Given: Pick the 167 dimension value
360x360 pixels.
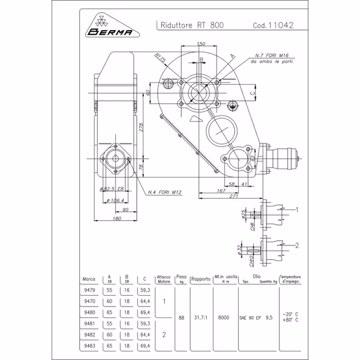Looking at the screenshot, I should [220, 190].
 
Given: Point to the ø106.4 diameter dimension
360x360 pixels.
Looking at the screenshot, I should [115, 200].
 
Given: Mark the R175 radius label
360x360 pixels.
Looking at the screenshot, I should [160, 58].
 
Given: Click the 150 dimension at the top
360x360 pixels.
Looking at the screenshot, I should [202, 44].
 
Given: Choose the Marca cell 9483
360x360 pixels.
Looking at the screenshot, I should [89, 346].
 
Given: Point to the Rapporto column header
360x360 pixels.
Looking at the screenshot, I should [200, 279].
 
